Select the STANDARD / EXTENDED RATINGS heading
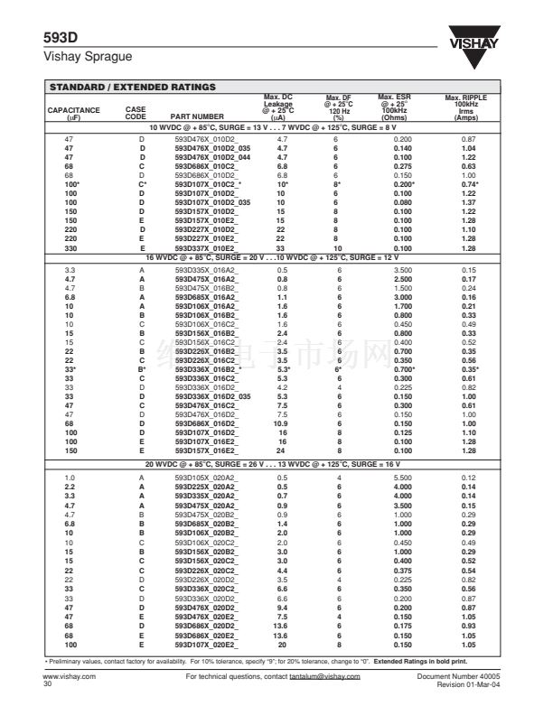132,88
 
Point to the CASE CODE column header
135,113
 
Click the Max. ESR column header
395,107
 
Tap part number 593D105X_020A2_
205,476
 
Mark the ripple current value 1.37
469,202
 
